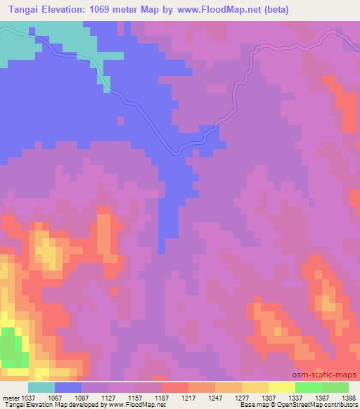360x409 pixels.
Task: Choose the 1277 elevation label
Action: pos(242,397)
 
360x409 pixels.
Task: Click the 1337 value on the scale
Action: pos(295,397)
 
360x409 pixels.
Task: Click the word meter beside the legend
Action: pos(11,397)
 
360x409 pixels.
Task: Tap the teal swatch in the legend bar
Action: pos(41,387)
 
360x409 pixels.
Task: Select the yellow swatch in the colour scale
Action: pos(281,387)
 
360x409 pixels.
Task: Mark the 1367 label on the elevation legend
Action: pos(321,397)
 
